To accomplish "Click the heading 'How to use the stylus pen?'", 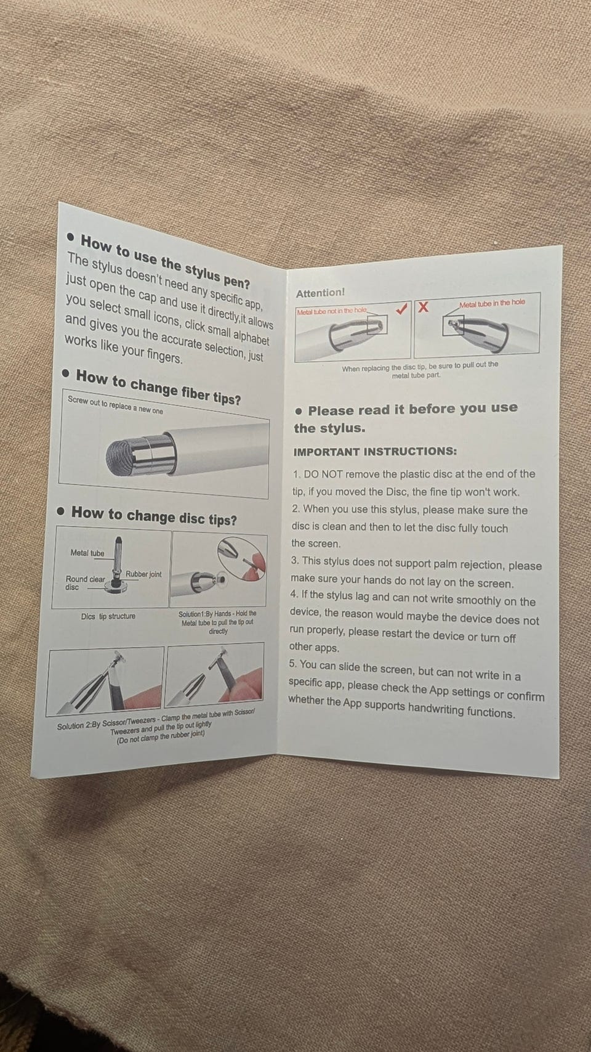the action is pos(165,261).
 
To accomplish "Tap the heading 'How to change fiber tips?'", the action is pos(159,387).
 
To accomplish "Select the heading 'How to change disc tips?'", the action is pos(154,516).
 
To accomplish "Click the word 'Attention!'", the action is pos(320,293).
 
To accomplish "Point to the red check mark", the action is pos(401,309).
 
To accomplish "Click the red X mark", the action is pos(422,307).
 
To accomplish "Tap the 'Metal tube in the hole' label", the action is pos(492,303).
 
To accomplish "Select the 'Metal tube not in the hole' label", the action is pos(332,311).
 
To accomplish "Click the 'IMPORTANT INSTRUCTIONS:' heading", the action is pos(375,451).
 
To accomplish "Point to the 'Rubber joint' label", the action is pos(143,574).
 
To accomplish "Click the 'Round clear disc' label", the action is pos(85,583).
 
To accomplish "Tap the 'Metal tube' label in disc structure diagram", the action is pos(87,553).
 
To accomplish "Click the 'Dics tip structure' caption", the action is pos(108,616).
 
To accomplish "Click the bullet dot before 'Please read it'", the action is pos(299,412).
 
